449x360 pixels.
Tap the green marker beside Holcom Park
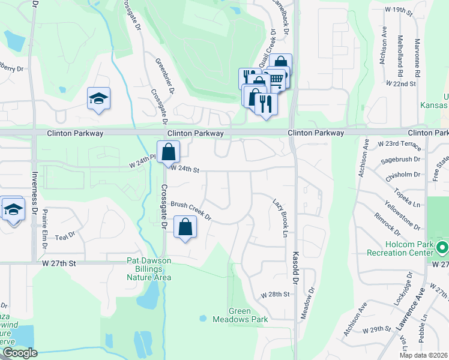442,247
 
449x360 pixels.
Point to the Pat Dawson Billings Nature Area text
149,269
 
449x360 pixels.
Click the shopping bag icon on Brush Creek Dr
185,228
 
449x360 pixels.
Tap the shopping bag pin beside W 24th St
169,152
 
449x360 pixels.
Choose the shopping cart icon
276,79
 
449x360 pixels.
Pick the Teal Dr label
67,236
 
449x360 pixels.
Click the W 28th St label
275,295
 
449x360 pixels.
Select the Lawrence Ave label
410,325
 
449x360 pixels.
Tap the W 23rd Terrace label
397,145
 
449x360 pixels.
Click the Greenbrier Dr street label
164,75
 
